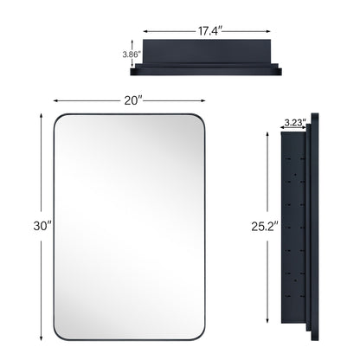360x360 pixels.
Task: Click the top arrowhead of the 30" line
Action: [x=39, y=113]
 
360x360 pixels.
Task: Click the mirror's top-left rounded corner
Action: [x=60, y=117]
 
